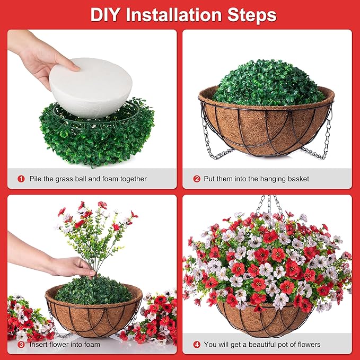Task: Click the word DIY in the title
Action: click(107, 14)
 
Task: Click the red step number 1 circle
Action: click(21, 179)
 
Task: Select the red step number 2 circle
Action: click(197, 179)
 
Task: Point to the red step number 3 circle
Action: click(21, 344)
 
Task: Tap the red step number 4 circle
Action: click(197, 344)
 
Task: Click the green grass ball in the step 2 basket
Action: click(269, 82)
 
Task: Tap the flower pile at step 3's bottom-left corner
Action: click(27, 318)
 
